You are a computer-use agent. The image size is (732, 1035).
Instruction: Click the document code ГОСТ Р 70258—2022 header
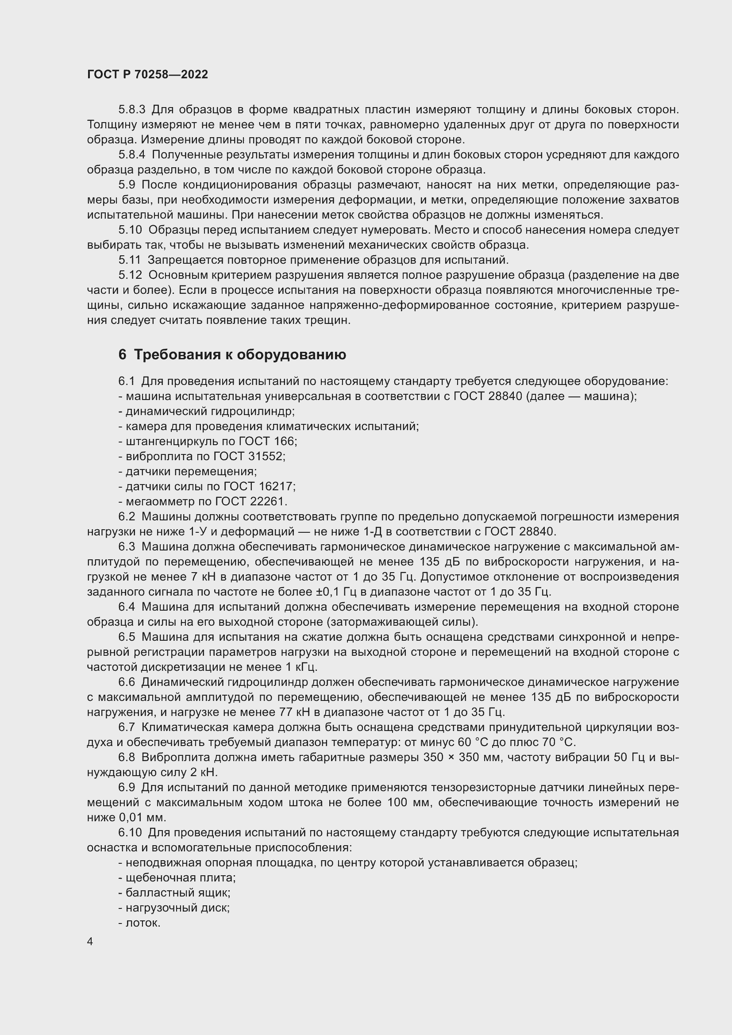(x=147, y=75)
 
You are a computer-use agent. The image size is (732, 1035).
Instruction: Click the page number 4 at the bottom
(x=90, y=942)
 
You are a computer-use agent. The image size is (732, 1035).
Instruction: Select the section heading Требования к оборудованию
(x=240, y=355)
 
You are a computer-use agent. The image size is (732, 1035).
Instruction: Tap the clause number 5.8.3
(x=132, y=110)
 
